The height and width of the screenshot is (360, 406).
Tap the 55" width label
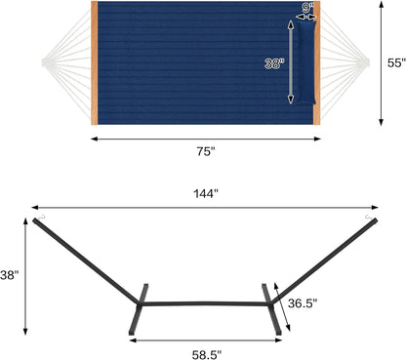pyautogui.click(x=393, y=62)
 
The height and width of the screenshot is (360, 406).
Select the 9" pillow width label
pyautogui.click(x=308, y=9)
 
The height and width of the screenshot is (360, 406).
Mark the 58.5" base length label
pyautogui.click(x=206, y=353)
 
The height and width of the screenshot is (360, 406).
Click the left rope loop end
pyautogui.click(x=46, y=64)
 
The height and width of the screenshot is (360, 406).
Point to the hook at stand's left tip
pyautogui.click(x=40, y=217)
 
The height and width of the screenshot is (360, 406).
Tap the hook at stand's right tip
pyautogui.click(x=369, y=217)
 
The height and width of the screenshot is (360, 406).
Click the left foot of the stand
pyautogui.click(x=140, y=309)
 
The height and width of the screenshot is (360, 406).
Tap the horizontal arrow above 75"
pyautogui.click(x=206, y=139)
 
